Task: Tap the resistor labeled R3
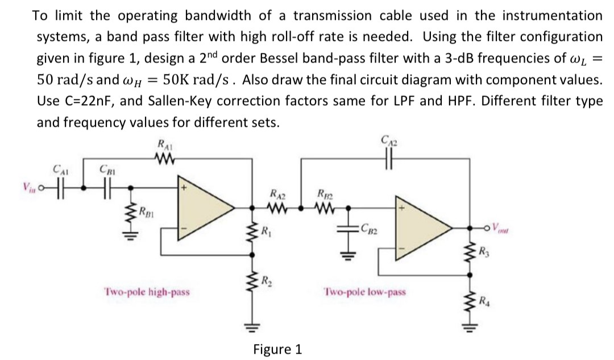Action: click(x=470, y=250)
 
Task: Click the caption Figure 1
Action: click(x=277, y=348)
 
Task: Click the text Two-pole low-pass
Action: click(x=365, y=292)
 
